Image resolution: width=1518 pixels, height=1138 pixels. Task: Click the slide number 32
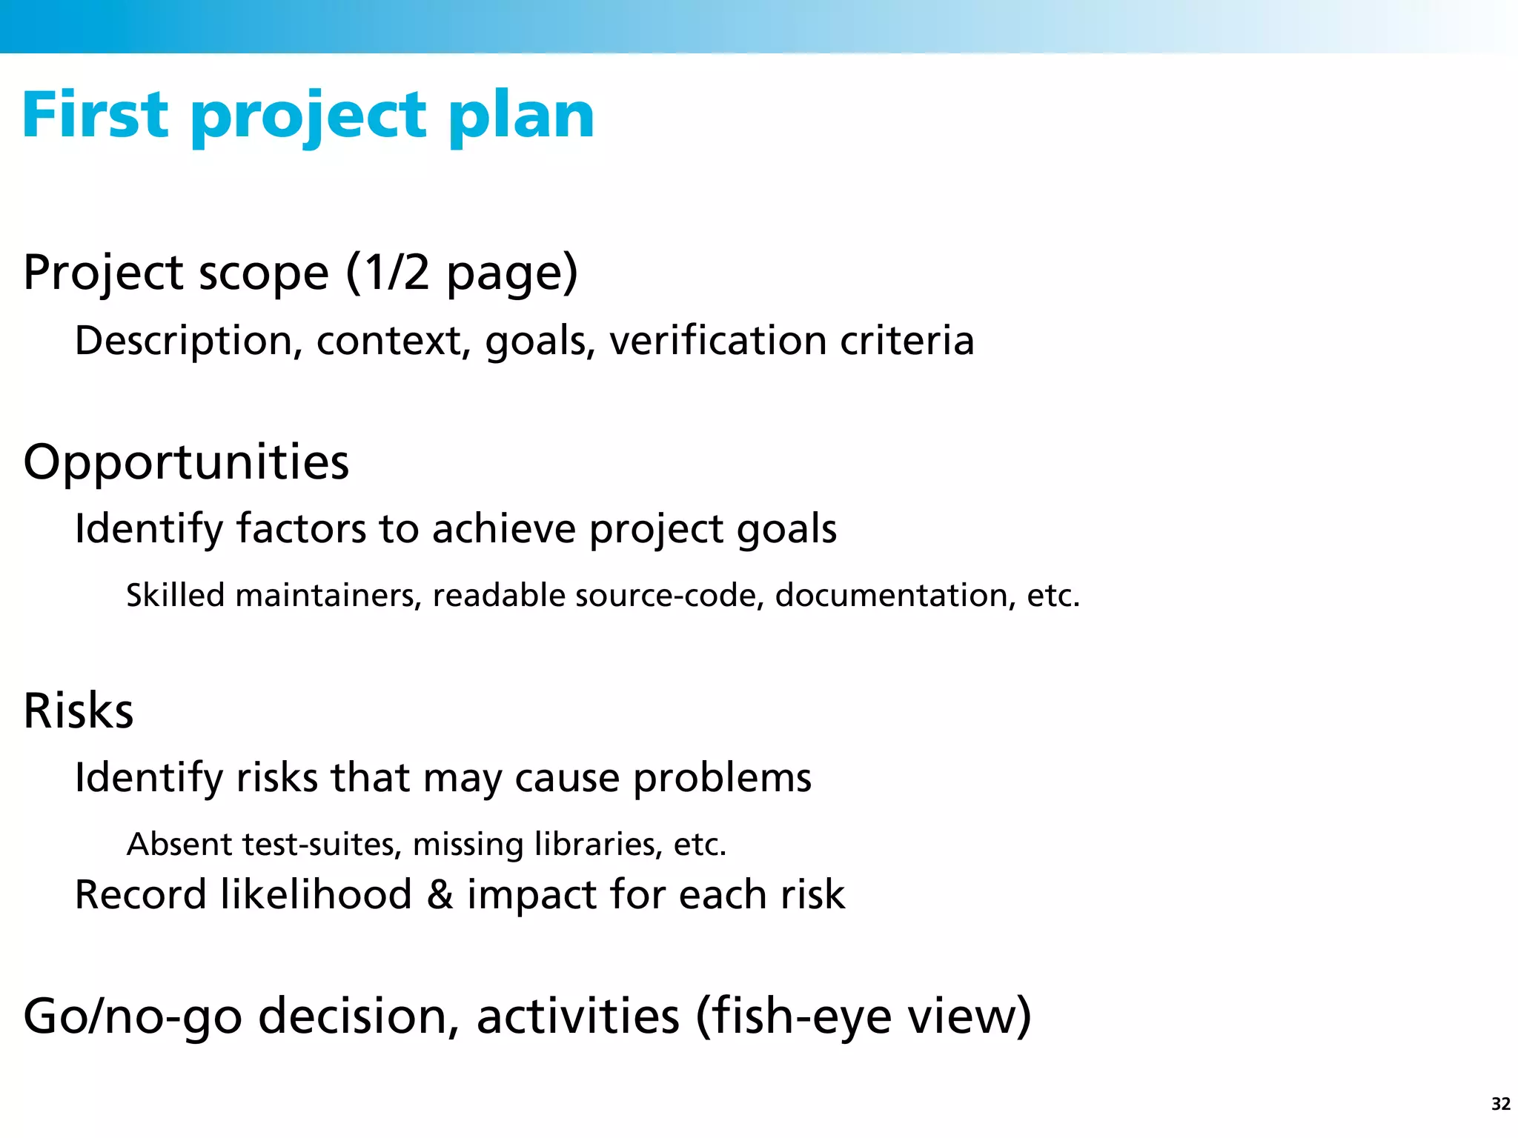click(x=1500, y=1104)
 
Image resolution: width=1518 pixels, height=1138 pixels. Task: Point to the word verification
click(x=717, y=341)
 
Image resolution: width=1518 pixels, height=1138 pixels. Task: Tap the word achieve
click(x=503, y=530)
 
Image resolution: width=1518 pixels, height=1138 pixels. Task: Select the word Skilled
click(x=175, y=596)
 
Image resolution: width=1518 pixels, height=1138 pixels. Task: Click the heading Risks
click(x=79, y=711)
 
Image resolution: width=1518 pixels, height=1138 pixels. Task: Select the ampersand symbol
click(x=440, y=895)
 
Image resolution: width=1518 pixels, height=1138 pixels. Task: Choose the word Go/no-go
click(x=133, y=1017)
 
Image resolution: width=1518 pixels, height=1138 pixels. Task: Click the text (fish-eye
click(x=793, y=1017)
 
